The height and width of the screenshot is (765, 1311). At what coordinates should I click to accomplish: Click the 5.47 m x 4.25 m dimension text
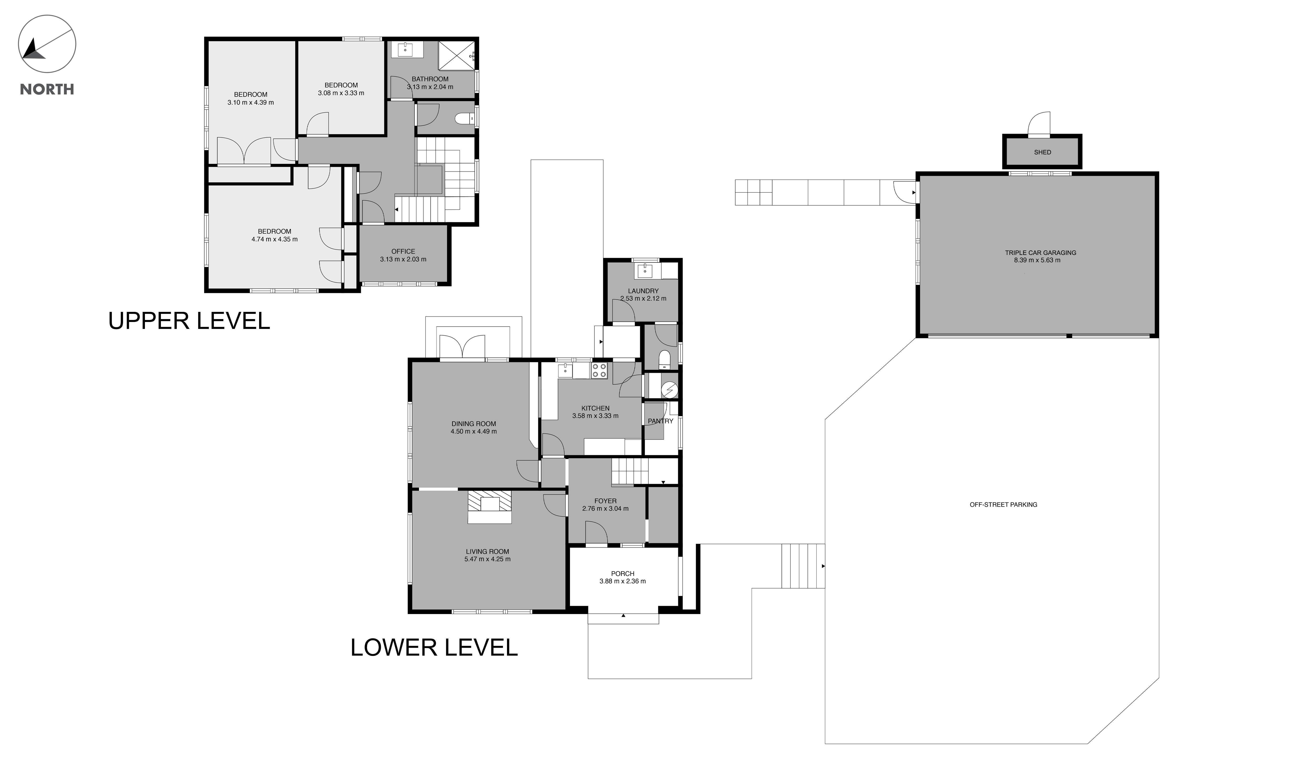[487, 559]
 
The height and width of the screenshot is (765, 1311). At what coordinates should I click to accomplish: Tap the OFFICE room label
[403, 251]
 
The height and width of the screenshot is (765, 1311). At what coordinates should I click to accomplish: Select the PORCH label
[623, 574]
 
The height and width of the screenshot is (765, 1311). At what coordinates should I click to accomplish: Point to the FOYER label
[605, 501]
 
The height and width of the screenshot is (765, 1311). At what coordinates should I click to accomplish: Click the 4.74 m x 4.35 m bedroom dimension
[275, 239]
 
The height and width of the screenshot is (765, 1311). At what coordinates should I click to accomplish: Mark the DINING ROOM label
[474, 424]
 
